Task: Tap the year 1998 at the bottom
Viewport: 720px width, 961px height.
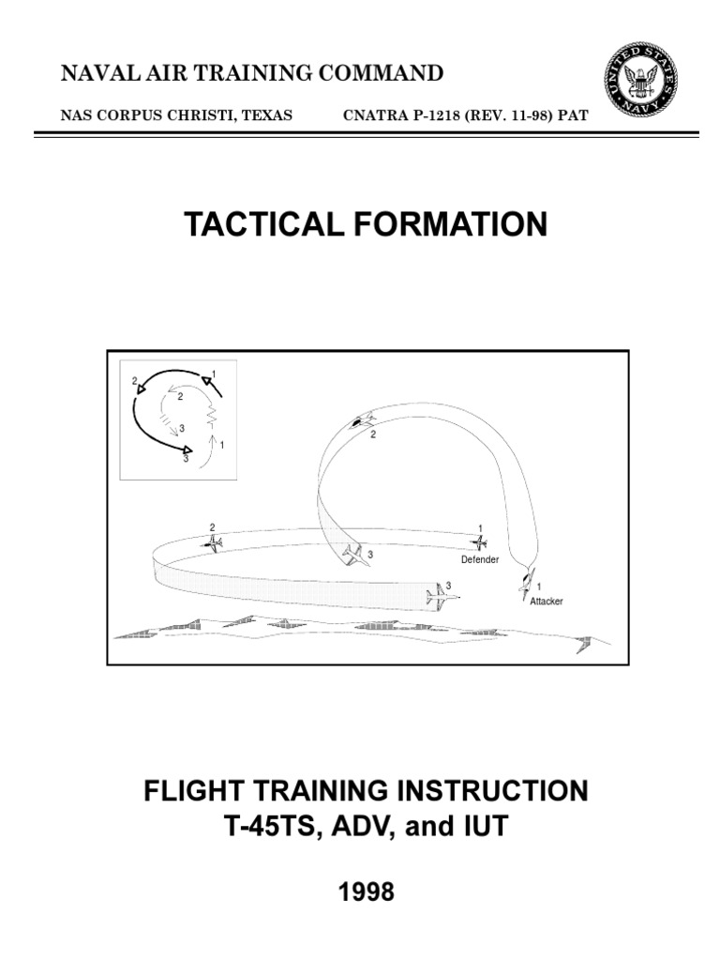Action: pyautogui.click(x=365, y=892)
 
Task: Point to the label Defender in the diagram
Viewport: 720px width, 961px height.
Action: pyautogui.click(x=479, y=560)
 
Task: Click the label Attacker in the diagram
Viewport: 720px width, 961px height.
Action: pyautogui.click(x=546, y=602)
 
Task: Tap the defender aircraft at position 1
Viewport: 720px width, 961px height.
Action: pyautogui.click(x=479, y=542)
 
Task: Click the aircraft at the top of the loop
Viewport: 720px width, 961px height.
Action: pyautogui.click(x=361, y=421)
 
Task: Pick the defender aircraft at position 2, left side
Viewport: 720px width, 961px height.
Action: pyautogui.click(x=214, y=543)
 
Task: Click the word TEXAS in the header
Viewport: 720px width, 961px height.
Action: pyautogui.click(x=267, y=115)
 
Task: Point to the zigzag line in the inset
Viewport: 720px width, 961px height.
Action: pyautogui.click(x=212, y=410)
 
